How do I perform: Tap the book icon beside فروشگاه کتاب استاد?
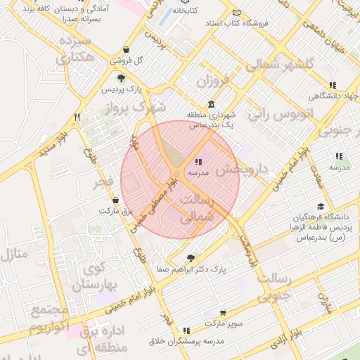[236, 13]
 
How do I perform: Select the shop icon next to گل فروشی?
[125, 50]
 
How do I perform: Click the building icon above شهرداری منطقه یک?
[212, 104]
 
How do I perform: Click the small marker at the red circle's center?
[176, 174]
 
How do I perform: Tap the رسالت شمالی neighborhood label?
[196, 210]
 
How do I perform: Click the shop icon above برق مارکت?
[115, 200]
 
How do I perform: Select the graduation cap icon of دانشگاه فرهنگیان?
[321, 206]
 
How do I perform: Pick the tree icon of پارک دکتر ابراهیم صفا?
[192, 258]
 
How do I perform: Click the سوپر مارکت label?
[223, 323]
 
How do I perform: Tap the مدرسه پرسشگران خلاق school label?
[186, 341]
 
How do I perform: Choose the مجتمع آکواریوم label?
[49, 319]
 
